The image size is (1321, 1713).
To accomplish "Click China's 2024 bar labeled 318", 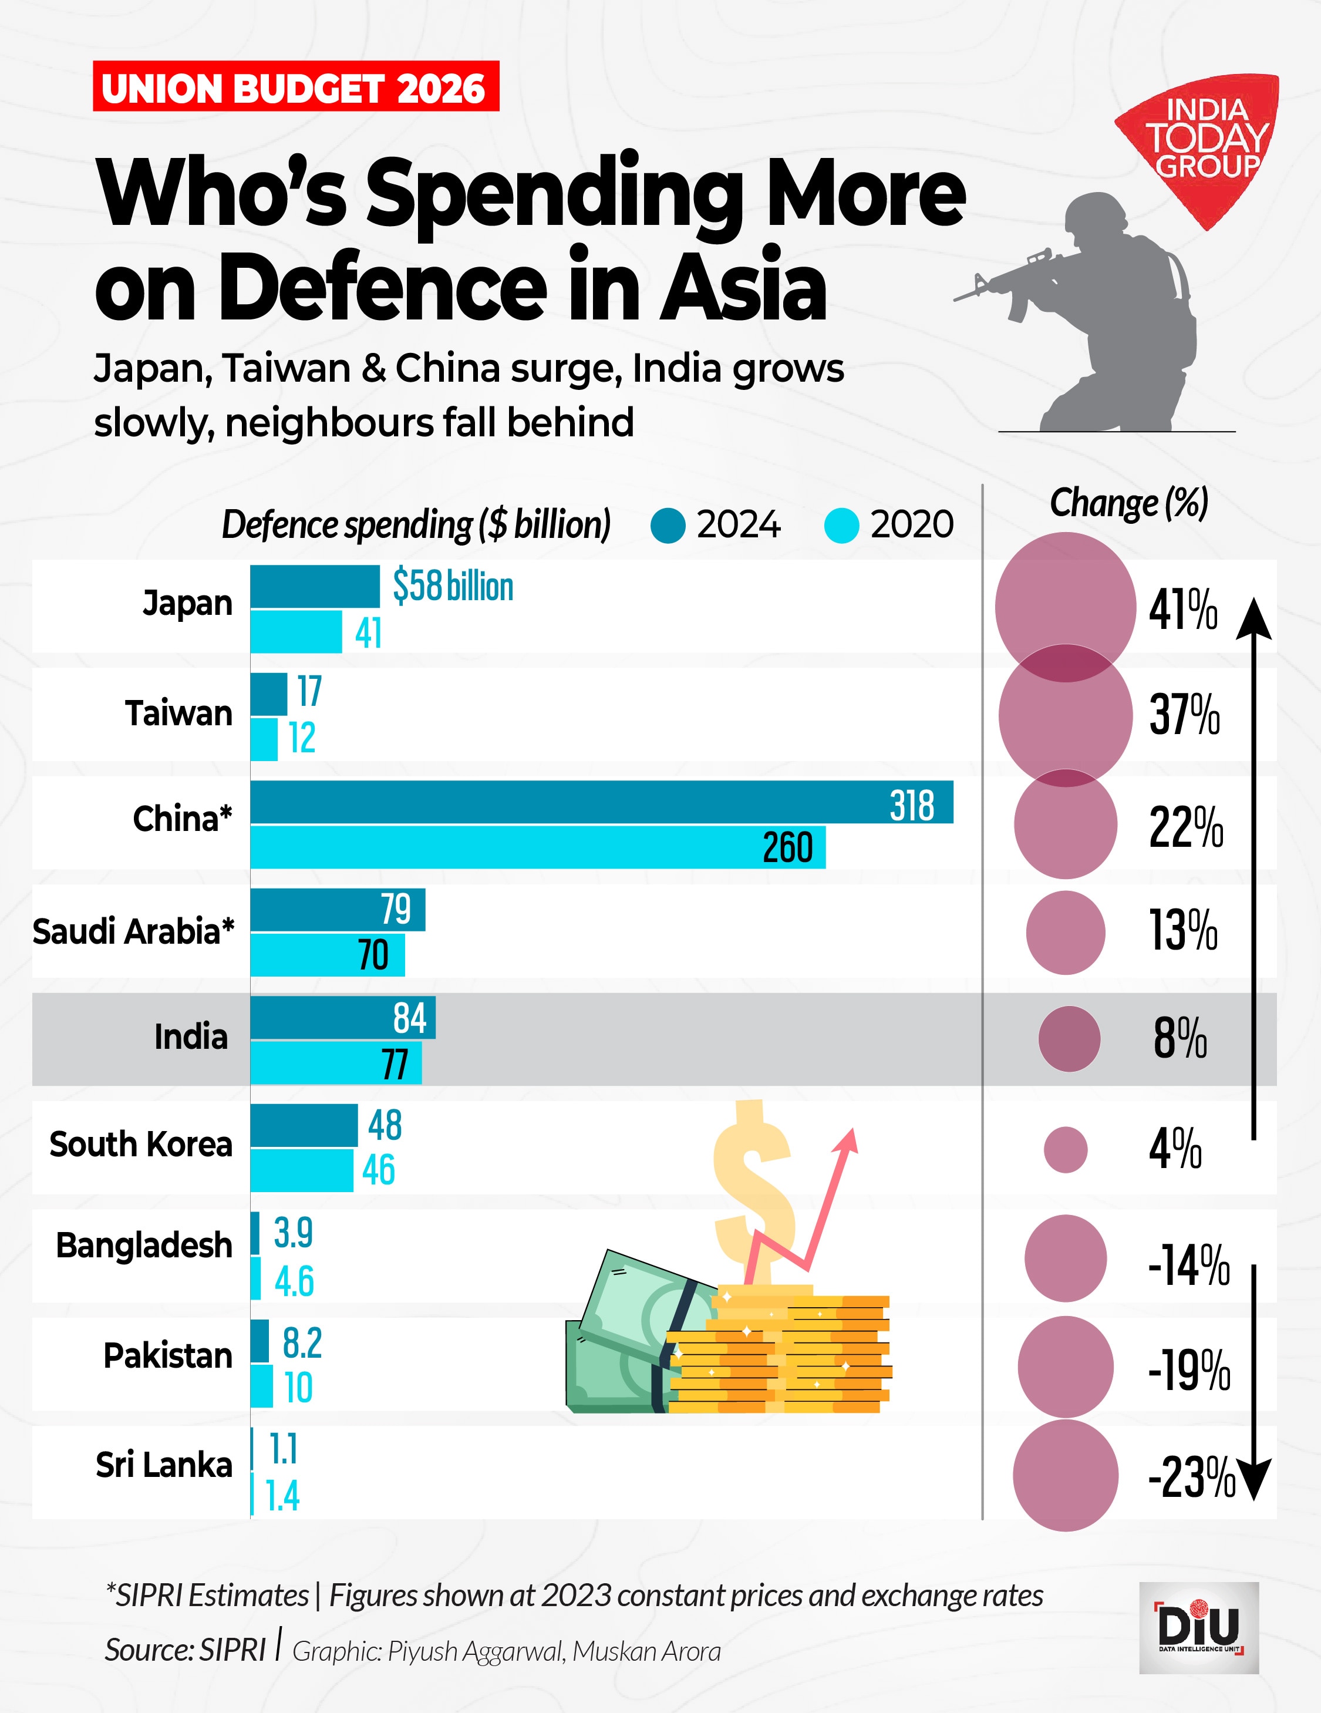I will pos(601,802).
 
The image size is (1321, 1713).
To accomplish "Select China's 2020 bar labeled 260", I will pos(538,847).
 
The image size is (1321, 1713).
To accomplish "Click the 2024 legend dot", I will pos(668,526).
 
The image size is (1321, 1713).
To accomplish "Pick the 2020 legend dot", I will pos(842,526).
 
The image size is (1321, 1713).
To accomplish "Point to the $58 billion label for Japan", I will pos(453,586).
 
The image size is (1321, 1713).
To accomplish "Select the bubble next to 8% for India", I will pos(1069,1038).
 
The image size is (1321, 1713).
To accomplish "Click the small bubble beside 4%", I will pos(1066,1150).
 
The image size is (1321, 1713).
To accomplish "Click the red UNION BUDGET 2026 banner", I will pos(295,86).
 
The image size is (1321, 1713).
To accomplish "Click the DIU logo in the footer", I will pos(1199,1627).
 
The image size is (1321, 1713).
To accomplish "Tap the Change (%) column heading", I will pos(1129,503).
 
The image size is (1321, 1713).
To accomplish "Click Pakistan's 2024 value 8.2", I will pos(302,1343).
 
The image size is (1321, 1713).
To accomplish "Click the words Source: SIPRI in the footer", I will pos(186,1650).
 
